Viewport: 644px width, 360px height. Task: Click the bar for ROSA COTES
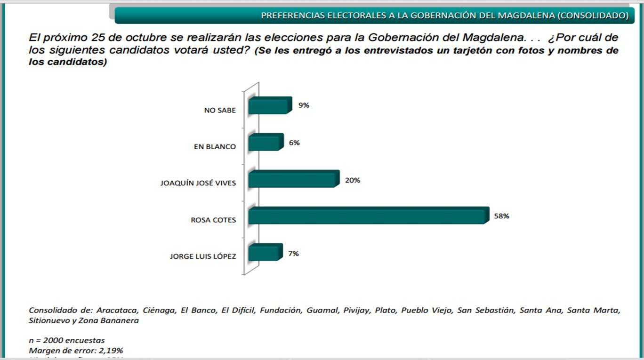[x=366, y=216]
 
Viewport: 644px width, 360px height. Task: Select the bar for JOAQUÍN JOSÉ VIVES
[x=293, y=179]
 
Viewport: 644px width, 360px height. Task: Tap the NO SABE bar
[x=267, y=106]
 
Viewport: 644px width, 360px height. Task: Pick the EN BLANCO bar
[x=264, y=143]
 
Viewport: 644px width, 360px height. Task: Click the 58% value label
[x=501, y=216]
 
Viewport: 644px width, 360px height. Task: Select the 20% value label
[x=353, y=180]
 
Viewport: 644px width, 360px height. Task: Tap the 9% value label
[x=304, y=105]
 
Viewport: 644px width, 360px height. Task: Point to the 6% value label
[x=295, y=142]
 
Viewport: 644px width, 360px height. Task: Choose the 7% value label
[x=294, y=253]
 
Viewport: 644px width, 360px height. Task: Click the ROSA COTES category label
[x=213, y=220]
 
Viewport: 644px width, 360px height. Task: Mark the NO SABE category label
[x=220, y=110]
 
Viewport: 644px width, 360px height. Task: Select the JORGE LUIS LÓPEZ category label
[x=203, y=256]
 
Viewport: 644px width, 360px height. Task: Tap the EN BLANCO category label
[x=215, y=146]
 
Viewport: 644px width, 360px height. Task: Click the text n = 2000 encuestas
[x=67, y=340]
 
